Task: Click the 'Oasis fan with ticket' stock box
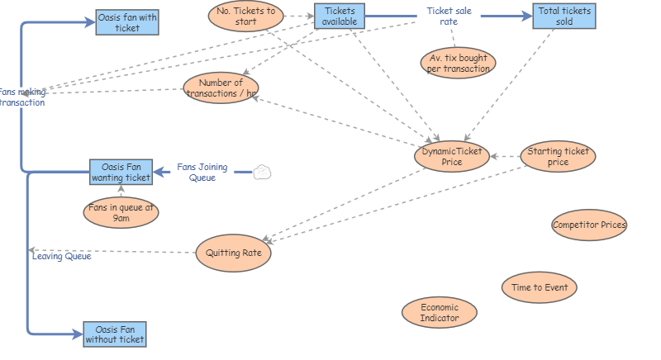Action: pos(127,22)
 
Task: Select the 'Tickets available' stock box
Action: pos(339,16)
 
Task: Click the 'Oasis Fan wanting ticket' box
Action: pos(121,172)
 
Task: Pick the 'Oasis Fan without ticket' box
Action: pos(115,334)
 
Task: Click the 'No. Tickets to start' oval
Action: pos(245,17)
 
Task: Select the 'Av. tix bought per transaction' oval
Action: pos(458,63)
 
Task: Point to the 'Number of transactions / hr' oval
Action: pos(221,88)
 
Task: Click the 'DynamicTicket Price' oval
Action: pos(452,156)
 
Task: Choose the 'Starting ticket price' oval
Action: pos(559,156)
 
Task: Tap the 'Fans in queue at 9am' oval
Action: pos(121,213)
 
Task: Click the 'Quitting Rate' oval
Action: pos(234,253)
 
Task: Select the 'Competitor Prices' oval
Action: pos(589,225)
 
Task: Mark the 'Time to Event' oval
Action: pos(539,287)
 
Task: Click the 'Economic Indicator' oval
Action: pos(440,313)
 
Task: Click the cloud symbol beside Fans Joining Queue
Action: pos(262,172)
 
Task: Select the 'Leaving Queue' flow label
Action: pos(62,256)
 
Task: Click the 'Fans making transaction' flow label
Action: pos(21,97)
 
